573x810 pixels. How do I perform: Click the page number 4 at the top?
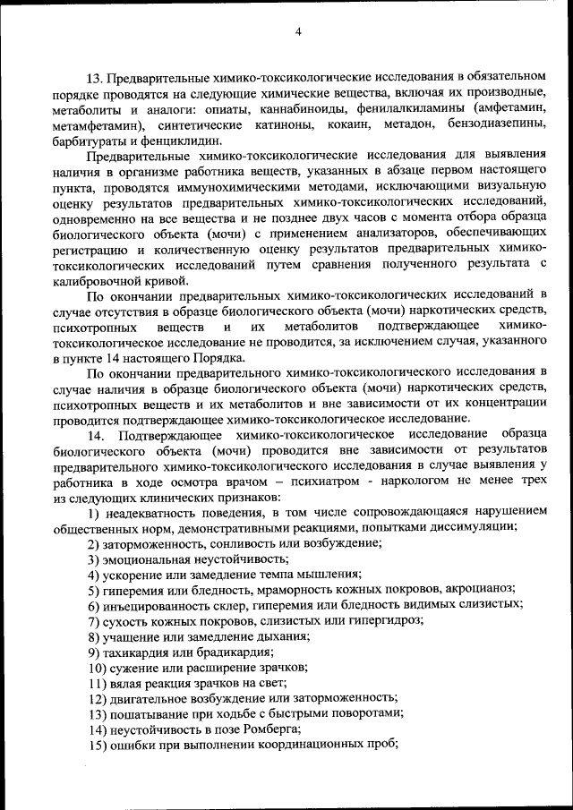coord(298,33)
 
